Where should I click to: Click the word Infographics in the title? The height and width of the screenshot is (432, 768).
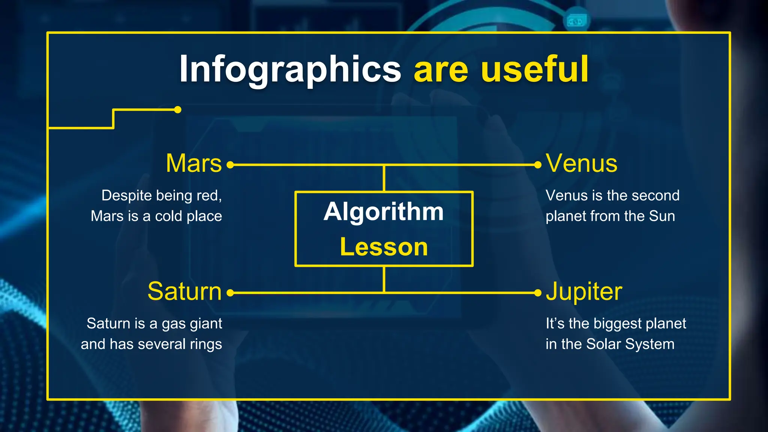[290, 69]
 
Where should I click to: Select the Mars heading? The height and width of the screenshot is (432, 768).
[193, 163]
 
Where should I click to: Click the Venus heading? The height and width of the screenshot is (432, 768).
[581, 163]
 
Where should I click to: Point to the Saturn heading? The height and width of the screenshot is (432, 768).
[184, 291]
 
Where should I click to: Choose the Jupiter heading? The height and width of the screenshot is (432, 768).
[584, 291]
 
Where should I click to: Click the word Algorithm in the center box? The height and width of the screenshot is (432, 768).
[384, 211]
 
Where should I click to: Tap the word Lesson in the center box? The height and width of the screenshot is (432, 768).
[384, 247]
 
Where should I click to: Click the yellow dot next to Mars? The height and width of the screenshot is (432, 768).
[230, 165]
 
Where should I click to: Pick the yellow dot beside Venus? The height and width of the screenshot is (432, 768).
[538, 165]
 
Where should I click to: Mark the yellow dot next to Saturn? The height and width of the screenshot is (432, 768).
[230, 293]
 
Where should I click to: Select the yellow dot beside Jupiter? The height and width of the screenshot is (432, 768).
[538, 293]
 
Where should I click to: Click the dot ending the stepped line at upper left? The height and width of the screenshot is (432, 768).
[178, 109]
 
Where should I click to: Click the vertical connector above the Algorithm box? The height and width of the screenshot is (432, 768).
[384, 178]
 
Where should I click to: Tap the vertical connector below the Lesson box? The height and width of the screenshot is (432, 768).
[384, 279]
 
